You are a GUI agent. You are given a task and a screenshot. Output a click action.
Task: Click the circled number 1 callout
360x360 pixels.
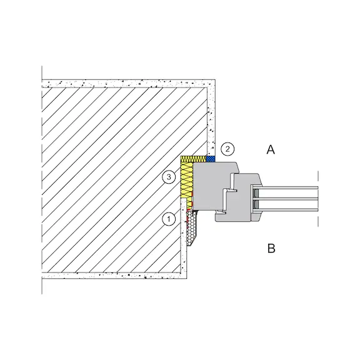pos(169,219)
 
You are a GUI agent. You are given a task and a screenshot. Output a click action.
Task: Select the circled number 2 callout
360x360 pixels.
pos(227,149)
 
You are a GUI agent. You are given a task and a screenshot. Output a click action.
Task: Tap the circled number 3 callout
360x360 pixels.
pos(169,177)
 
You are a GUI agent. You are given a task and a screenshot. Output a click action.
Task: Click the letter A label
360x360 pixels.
pos(271,150)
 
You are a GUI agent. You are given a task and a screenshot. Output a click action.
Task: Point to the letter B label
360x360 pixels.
pos(271,248)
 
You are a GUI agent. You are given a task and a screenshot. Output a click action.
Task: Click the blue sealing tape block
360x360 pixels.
pos(211,159)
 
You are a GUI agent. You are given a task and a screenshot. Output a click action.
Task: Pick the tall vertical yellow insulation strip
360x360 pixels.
pos(186,180)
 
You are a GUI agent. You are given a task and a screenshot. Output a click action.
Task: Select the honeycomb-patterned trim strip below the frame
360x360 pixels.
pos(192,229)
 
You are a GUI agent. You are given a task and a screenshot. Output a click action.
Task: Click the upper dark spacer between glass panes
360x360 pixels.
pos(256,193)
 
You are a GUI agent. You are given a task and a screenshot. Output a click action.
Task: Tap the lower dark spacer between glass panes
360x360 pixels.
pos(256,204)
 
